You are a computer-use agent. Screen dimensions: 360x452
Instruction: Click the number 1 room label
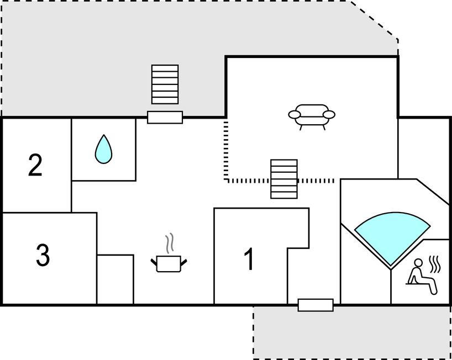[250, 260]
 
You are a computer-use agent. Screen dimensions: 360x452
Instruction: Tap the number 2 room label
[35, 165]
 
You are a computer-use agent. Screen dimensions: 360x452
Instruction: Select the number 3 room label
[43, 255]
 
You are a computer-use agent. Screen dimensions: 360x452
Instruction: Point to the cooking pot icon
[169, 263]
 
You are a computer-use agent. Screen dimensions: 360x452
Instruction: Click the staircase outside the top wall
[165, 84]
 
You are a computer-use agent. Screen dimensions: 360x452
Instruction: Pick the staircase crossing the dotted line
[283, 178]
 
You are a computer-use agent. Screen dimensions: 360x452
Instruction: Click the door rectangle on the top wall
[165, 117]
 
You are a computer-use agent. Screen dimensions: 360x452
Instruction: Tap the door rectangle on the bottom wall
[316, 305]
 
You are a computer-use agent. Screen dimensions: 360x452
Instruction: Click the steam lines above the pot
[171, 243]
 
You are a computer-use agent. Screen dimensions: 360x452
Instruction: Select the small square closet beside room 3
[115, 279]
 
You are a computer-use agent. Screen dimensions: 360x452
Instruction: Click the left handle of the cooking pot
[154, 261]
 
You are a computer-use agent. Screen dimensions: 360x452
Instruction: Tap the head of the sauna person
[418, 263]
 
